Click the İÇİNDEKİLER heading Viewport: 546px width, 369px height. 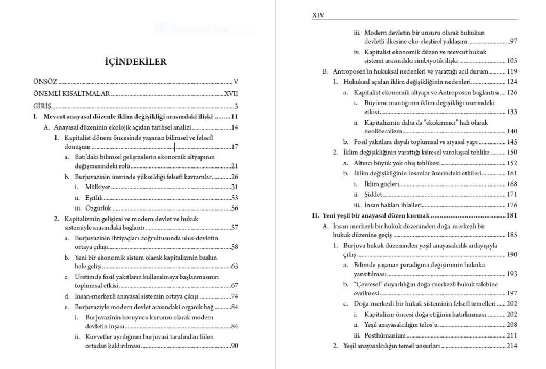135,62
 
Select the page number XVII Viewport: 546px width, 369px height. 231,93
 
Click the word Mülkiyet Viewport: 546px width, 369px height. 97,187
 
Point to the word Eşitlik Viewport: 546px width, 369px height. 94,198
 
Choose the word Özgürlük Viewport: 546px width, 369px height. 97,208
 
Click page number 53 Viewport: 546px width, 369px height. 234,198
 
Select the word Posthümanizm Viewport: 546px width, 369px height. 385,335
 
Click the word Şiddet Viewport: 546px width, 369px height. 374,195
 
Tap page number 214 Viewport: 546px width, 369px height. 512,346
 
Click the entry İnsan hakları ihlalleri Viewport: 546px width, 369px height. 393,205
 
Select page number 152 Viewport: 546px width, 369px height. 512,163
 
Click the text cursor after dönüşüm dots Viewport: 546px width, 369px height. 175,147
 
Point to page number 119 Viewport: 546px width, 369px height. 512,71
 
